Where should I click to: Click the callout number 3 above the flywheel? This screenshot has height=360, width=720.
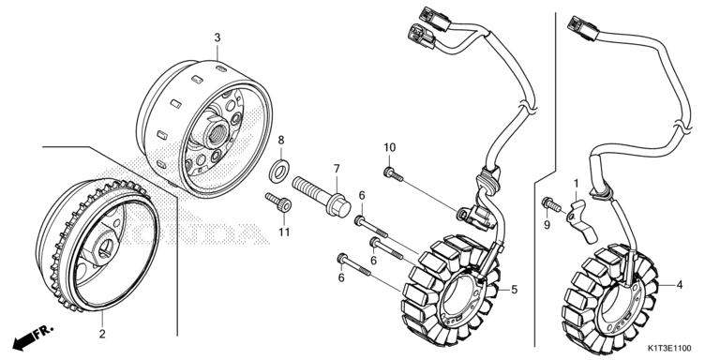click(217, 37)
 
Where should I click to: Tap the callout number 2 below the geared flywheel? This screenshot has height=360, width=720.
click(102, 334)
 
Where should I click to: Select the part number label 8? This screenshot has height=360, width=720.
click(281, 140)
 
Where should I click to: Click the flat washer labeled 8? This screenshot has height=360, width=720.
click(278, 169)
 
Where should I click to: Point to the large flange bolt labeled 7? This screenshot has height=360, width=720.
click(321, 197)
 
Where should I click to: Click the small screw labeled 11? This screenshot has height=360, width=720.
click(278, 202)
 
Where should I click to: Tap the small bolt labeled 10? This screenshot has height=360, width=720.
click(393, 174)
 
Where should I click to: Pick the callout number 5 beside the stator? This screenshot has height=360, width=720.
click(515, 290)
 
